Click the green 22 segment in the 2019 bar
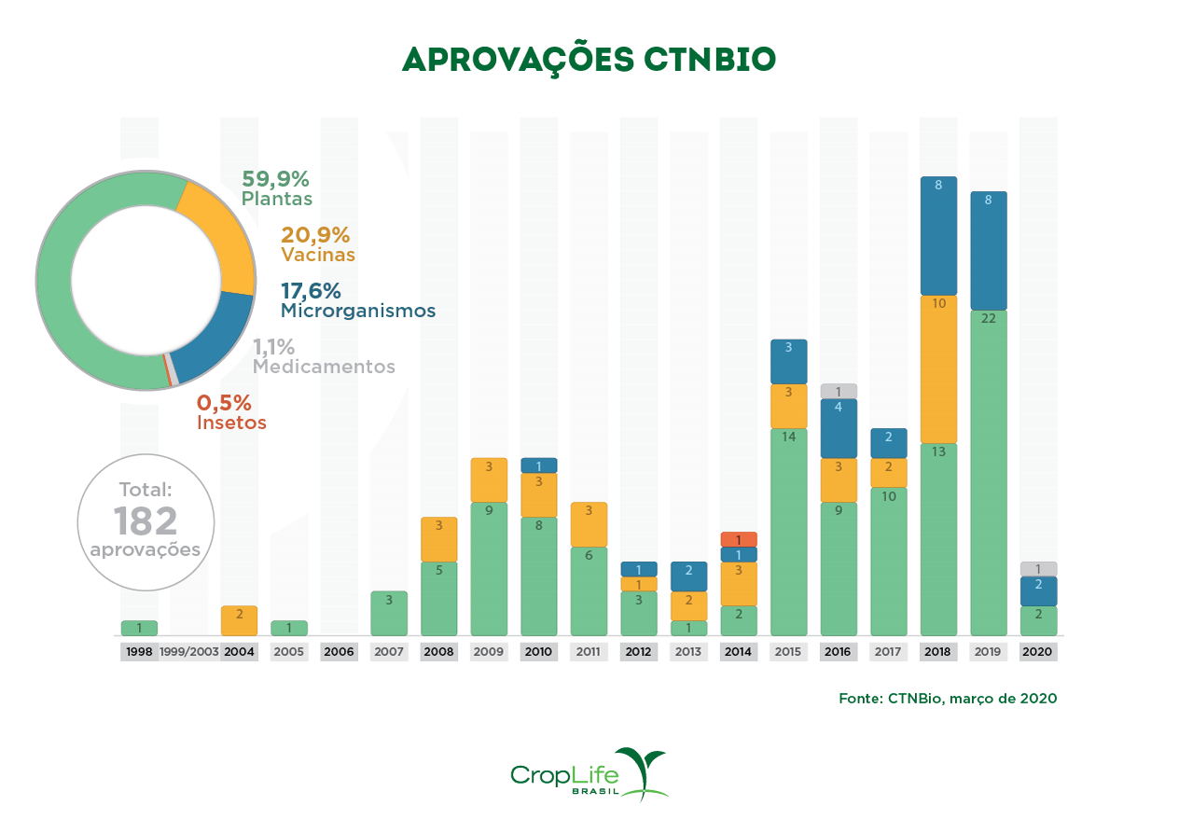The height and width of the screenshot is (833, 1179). [988, 472]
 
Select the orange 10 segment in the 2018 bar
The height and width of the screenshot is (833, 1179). [938, 368]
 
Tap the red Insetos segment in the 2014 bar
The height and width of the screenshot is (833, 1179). [739, 539]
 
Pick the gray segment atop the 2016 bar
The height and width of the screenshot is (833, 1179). [839, 391]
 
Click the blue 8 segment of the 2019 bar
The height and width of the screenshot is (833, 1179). [988, 250]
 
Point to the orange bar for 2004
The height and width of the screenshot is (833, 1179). [240, 620]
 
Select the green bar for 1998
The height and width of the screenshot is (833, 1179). [139, 628]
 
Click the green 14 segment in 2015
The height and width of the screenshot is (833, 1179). [788, 532]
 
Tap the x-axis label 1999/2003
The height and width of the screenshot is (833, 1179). [189, 652]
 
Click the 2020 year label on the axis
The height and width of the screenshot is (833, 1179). [1038, 652]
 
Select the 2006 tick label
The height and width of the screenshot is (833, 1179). [339, 652]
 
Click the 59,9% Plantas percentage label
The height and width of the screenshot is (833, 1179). [276, 187]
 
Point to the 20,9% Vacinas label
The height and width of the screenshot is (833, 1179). [317, 244]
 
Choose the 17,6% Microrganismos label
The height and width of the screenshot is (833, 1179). [357, 300]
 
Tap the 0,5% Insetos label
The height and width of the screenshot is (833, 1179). [231, 412]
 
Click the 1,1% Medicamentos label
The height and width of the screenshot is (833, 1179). [324, 356]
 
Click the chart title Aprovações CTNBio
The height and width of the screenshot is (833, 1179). [589, 59]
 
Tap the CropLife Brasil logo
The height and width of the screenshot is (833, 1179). [589, 774]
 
